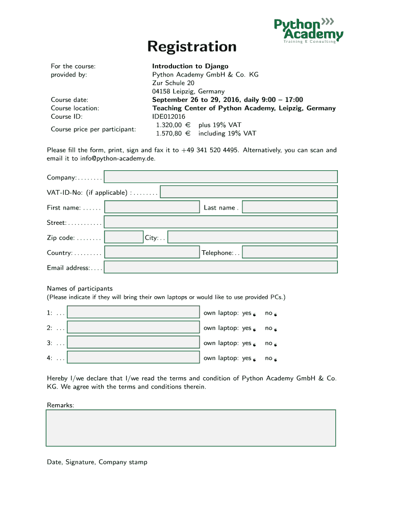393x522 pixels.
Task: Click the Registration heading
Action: [x=192, y=47]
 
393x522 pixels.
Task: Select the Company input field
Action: [x=220, y=177]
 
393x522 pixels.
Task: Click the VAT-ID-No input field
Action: [x=249, y=192]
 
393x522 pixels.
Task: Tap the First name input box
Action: [x=152, y=207]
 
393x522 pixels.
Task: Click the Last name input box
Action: [x=289, y=207]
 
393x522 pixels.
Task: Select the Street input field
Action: [x=220, y=222]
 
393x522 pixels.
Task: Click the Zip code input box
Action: [x=124, y=238]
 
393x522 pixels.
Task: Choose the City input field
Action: [x=252, y=238]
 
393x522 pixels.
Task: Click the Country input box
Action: [x=152, y=252]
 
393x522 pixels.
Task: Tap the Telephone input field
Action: [x=289, y=252]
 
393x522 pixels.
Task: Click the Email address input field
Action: [x=220, y=268]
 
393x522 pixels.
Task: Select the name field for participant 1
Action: [x=133, y=312]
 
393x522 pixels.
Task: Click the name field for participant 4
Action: [x=133, y=358]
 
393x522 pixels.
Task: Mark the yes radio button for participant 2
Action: [x=254, y=330]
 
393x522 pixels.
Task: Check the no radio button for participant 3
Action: [x=275, y=345]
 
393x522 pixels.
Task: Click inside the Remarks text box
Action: [x=191, y=428]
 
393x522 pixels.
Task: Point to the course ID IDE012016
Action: [x=168, y=117]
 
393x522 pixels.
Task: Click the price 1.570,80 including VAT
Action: [x=169, y=134]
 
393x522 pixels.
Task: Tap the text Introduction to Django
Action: [x=190, y=66]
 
